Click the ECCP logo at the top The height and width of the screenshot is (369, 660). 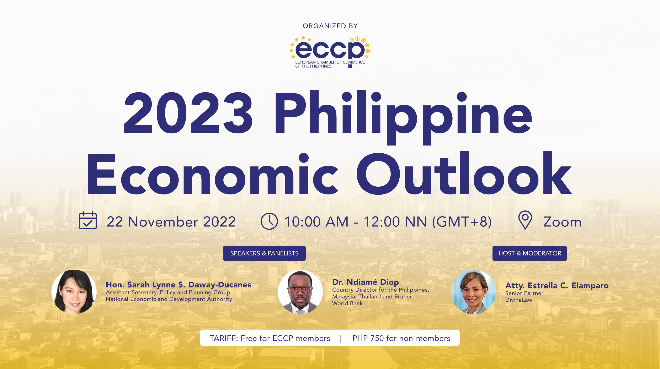pyautogui.click(x=330, y=51)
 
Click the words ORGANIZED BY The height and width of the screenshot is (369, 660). pyautogui.click(x=330, y=26)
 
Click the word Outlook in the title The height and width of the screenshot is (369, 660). pyautogui.click(x=464, y=174)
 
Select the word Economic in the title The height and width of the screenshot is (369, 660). pyautogui.click(x=213, y=174)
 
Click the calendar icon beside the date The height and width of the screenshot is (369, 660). pyautogui.click(x=88, y=220)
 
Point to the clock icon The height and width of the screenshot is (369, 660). pyautogui.click(x=269, y=221)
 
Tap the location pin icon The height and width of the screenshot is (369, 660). pyautogui.click(x=525, y=220)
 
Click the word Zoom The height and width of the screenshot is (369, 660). pyautogui.click(x=562, y=222)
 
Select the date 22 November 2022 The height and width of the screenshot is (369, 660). pyautogui.click(x=171, y=222)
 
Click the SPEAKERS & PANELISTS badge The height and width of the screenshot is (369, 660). pyautogui.click(x=264, y=253)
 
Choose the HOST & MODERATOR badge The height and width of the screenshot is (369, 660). pyautogui.click(x=529, y=253)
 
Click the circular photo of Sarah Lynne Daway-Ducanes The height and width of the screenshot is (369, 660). pyautogui.click(x=74, y=292)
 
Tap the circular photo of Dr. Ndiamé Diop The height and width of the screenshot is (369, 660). pyautogui.click(x=300, y=292)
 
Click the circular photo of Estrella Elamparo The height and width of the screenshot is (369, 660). pyautogui.click(x=473, y=292)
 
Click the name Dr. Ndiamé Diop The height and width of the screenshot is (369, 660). pyautogui.click(x=365, y=282)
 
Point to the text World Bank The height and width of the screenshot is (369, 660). pyautogui.click(x=347, y=303)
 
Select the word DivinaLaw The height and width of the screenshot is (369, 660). pyautogui.click(x=518, y=300)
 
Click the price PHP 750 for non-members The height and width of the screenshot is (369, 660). pyautogui.click(x=401, y=338)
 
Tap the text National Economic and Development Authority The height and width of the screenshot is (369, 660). pyautogui.click(x=169, y=299)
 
